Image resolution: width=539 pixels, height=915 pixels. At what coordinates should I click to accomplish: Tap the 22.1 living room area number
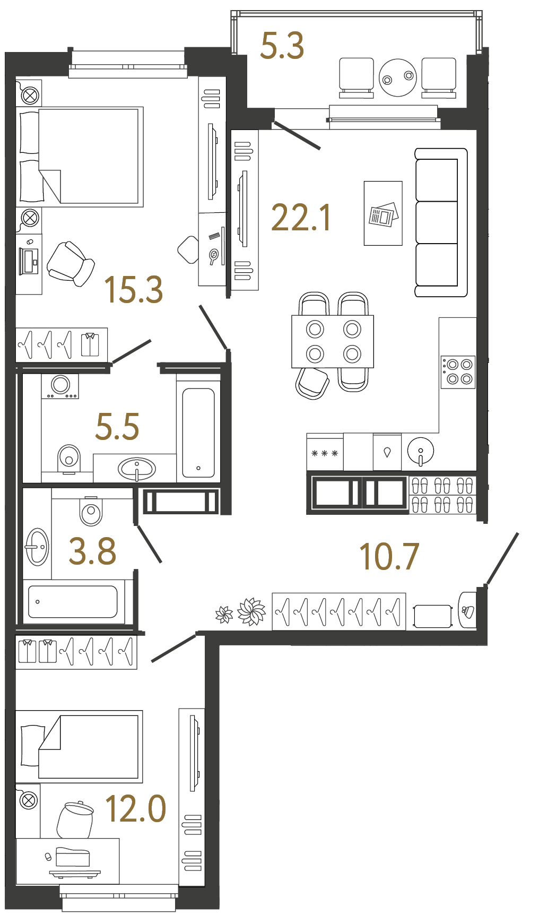[x=301, y=218]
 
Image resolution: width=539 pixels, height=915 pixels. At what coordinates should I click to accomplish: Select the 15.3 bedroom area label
[x=133, y=290]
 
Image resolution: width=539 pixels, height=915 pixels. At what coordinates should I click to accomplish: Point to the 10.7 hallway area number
[x=389, y=557]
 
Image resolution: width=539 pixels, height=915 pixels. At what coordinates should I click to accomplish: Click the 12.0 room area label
[x=136, y=809]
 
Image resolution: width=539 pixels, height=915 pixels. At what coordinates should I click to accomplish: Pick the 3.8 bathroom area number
[x=92, y=551]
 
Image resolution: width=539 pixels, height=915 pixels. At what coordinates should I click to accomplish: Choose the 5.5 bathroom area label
[x=117, y=427]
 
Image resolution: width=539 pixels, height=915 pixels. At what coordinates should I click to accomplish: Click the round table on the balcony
[x=398, y=77]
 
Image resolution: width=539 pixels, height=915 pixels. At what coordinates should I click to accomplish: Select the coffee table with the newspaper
[x=383, y=213]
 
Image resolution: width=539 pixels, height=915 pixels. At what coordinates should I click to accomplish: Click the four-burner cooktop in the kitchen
[x=458, y=372]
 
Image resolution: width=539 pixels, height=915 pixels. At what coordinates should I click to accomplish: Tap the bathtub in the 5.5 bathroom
[x=198, y=433]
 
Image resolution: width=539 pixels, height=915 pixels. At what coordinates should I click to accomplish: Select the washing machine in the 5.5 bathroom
[x=60, y=386]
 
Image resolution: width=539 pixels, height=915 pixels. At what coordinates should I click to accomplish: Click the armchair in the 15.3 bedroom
[x=71, y=264]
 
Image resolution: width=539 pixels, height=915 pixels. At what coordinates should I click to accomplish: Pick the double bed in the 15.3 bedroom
[x=80, y=157]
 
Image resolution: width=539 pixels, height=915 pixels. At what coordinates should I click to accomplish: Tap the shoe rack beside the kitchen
[x=442, y=495]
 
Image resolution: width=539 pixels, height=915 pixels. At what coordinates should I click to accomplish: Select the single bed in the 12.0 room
[x=80, y=747]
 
